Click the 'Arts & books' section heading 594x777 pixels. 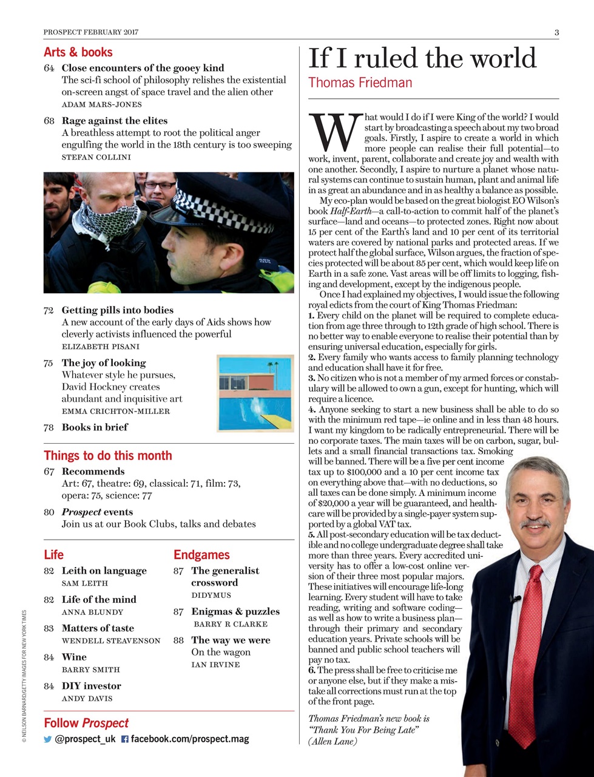78,52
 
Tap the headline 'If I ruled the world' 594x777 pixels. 422,58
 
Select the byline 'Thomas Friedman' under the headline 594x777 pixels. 360,83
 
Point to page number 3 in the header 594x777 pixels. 556,32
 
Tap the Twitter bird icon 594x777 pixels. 48,739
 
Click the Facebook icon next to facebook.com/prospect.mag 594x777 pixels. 124,739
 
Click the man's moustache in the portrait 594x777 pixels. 534,523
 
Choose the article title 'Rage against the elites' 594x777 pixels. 114,121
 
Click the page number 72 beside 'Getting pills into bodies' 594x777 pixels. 49,310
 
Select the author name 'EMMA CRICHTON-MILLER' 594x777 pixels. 115,411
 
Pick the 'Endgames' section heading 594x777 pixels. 201,555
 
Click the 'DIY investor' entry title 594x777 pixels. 91,686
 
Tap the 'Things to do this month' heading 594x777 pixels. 108,456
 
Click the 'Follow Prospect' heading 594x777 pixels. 86,723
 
